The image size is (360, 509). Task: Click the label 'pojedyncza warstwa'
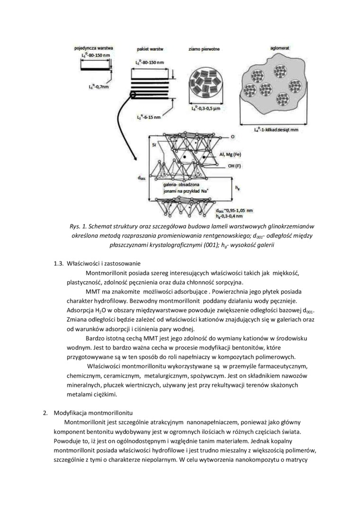93,48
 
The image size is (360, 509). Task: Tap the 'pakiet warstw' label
150,49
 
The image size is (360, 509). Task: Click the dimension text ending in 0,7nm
99,87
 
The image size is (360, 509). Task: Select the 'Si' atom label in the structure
154,145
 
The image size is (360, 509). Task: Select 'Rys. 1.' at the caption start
79,226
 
